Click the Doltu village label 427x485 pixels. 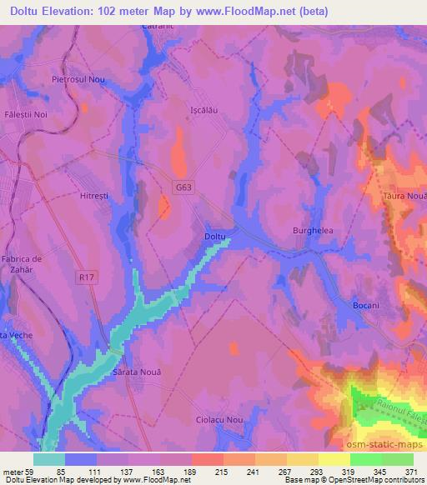pos(215,237)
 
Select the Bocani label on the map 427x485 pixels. pos(364,306)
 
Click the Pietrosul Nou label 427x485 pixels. pos(78,78)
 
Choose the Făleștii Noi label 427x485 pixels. pos(26,114)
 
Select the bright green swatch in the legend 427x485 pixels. pos(381,459)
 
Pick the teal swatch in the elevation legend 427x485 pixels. pos(49,459)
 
